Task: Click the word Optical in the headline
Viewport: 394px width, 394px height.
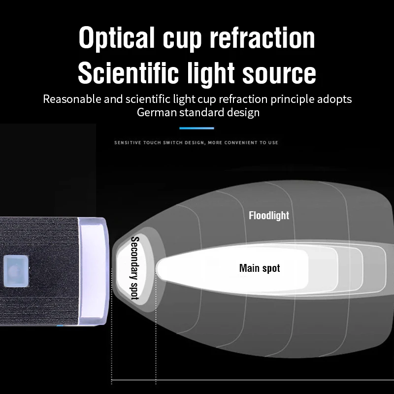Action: tap(117, 38)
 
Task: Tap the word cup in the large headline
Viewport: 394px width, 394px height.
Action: tap(182, 41)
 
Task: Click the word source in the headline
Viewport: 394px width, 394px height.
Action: tap(279, 75)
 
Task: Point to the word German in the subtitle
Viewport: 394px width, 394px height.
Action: tap(157, 112)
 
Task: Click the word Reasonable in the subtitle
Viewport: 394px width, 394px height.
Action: tap(72, 99)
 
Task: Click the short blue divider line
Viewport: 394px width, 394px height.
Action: tap(197, 128)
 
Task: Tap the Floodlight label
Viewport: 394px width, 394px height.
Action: tap(269, 216)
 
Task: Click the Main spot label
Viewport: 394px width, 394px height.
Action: tap(260, 268)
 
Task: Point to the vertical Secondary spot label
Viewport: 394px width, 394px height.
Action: tap(135, 268)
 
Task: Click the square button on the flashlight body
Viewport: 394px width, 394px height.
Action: tap(16, 271)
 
